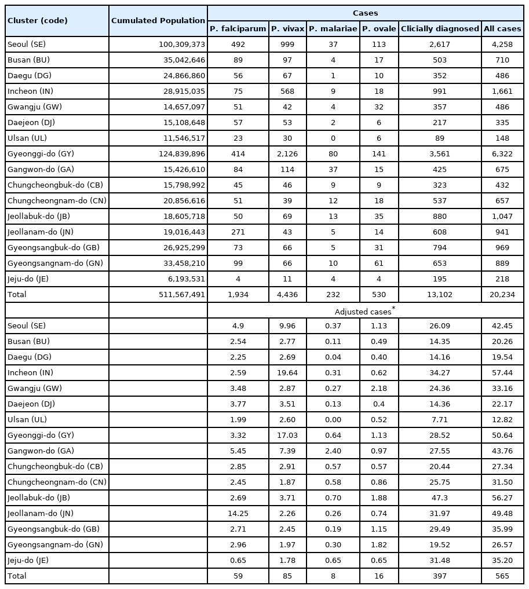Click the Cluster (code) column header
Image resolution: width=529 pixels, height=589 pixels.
tap(38, 21)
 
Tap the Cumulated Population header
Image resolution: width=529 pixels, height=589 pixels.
tap(158, 21)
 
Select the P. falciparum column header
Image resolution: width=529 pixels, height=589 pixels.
tap(238, 28)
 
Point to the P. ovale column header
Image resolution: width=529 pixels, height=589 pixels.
tap(379, 28)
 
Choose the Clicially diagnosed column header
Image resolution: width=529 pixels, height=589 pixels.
tap(440, 28)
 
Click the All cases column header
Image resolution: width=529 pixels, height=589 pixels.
tap(502, 28)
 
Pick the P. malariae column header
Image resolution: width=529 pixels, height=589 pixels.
tap(333, 28)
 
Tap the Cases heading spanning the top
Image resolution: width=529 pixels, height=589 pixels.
tap(365, 12)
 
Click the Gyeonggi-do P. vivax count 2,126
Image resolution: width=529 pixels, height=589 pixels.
tap(287, 154)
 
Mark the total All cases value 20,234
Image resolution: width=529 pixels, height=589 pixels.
tap(502, 295)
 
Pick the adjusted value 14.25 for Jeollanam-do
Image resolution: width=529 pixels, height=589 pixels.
tap(238, 513)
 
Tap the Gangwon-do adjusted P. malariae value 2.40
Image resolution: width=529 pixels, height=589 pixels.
tap(333, 451)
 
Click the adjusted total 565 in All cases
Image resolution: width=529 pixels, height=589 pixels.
tap(502, 576)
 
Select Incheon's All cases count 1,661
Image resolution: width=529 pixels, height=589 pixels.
tap(502, 92)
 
